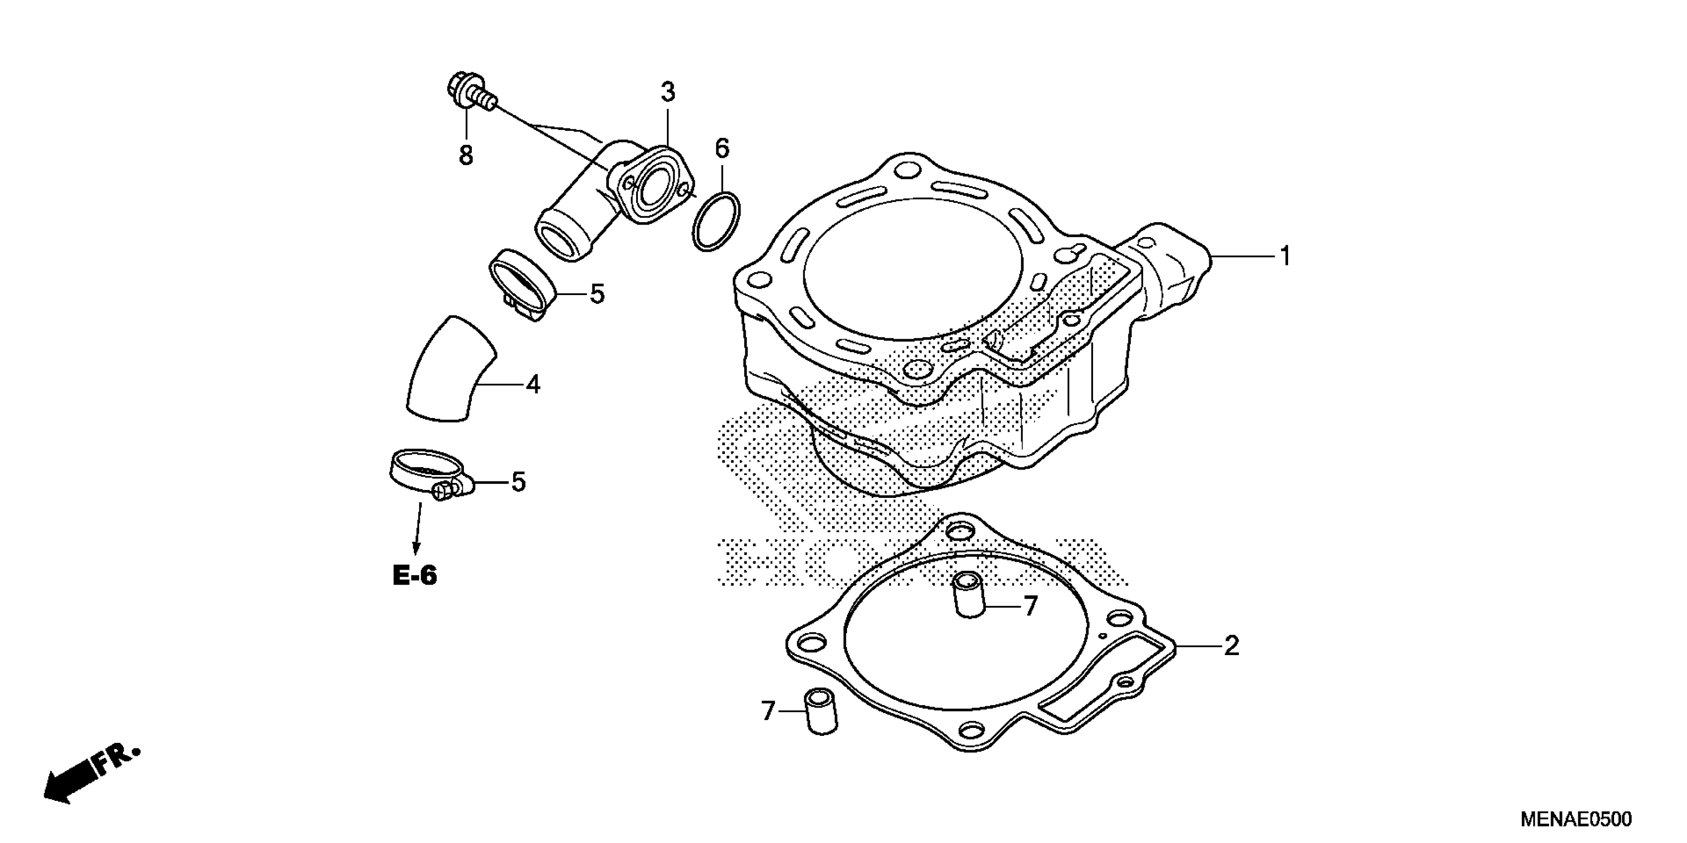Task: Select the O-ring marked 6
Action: (716, 221)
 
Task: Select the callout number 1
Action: (1285, 256)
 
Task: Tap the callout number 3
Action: (667, 93)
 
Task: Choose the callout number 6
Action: (722, 149)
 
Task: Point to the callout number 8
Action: (465, 156)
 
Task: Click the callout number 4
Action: (533, 385)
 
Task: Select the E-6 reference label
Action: (414, 576)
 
